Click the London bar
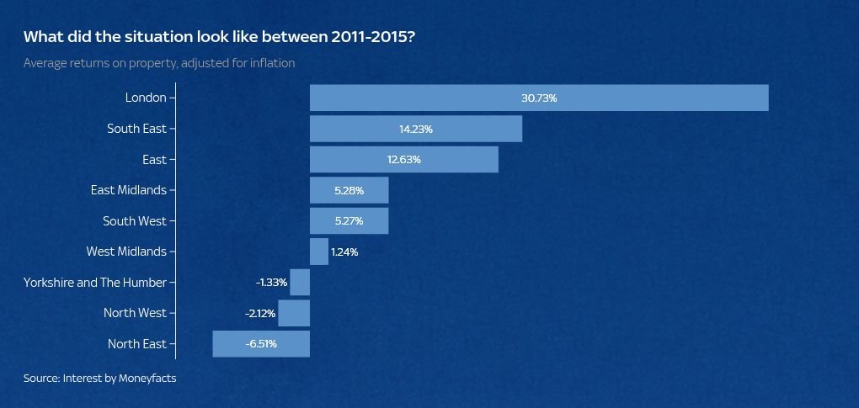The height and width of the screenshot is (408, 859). coord(539,98)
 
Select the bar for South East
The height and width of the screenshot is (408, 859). coord(416,129)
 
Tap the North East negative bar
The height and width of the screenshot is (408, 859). coord(261,343)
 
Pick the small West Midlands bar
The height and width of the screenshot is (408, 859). coord(319,252)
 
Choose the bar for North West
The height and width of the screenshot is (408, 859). coord(294,313)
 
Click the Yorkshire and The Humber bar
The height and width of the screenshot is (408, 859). coord(300,282)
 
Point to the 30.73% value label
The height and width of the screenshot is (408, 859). coord(539,98)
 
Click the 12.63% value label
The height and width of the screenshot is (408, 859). coord(403,160)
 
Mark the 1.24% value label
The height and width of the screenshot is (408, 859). coord(344,252)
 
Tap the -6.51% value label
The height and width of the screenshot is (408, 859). coord(261,344)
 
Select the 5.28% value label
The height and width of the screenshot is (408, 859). coord(349,191)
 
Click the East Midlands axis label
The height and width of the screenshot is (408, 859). coord(129,190)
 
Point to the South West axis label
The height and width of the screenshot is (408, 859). coord(135,221)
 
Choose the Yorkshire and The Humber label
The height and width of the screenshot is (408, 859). coord(95,283)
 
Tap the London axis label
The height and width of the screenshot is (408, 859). coord(146,98)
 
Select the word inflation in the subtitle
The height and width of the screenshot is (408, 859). coord(270,63)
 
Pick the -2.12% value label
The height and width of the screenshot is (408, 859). coord(261,313)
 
